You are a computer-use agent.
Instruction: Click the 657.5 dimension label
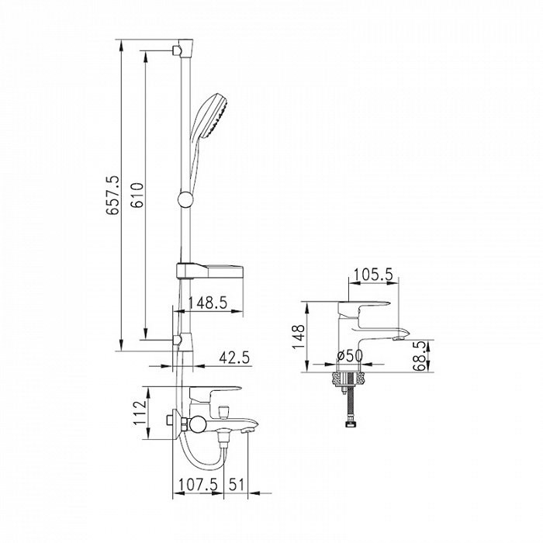click(113, 195)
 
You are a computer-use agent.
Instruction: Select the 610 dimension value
click(137, 195)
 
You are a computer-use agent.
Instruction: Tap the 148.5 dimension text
click(207, 303)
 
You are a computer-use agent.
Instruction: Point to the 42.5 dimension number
click(234, 358)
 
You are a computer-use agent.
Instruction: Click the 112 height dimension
click(140, 413)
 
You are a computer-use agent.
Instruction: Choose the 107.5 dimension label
click(199, 484)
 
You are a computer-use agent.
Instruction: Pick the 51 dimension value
click(237, 484)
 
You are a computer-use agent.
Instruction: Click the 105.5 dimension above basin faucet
click(373, 275)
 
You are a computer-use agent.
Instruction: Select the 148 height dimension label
click(299, 337)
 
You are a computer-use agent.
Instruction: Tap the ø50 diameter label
click(350, 355)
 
